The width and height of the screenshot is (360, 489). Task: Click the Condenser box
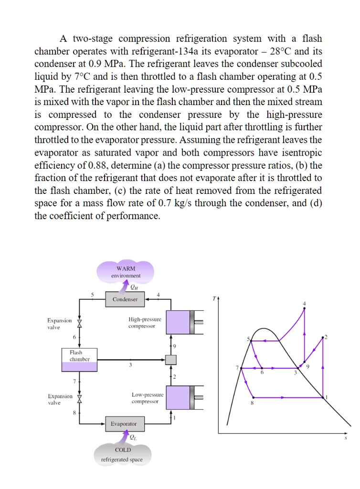coord(125,299)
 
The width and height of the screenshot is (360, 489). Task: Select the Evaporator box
coord(123,424)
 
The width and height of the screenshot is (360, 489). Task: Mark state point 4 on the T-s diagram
coord(305,309)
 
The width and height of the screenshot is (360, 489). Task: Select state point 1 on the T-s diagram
coord(323,397)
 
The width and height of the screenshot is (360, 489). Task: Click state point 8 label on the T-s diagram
coord(253,404)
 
